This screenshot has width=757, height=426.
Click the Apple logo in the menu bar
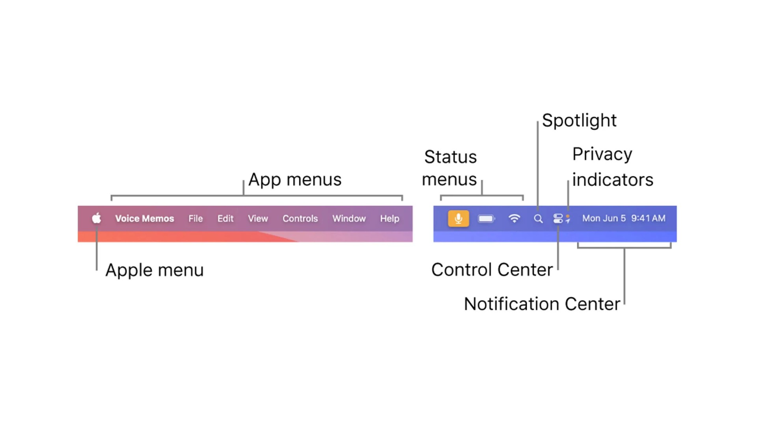97,218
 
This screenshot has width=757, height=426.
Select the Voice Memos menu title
144,219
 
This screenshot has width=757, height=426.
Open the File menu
196,219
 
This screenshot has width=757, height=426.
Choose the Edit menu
225,219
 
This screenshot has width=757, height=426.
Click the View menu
258,219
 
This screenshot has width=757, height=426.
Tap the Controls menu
300,219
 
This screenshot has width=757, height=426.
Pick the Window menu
349,219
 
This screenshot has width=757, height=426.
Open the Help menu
390,219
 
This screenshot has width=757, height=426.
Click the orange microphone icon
458,219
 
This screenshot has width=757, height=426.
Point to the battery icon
486,219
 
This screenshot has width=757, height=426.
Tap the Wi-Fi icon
514,218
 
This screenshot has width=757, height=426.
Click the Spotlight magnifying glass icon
538,219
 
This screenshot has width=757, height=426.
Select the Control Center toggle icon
558,219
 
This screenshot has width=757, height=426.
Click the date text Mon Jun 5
604,219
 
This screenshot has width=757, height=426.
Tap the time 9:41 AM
648,219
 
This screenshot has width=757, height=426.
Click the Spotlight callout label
579,121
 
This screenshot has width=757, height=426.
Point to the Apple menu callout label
154,271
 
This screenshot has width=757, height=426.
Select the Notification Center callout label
542,304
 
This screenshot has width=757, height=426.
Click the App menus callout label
295,180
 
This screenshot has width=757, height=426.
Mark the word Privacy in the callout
602,154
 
